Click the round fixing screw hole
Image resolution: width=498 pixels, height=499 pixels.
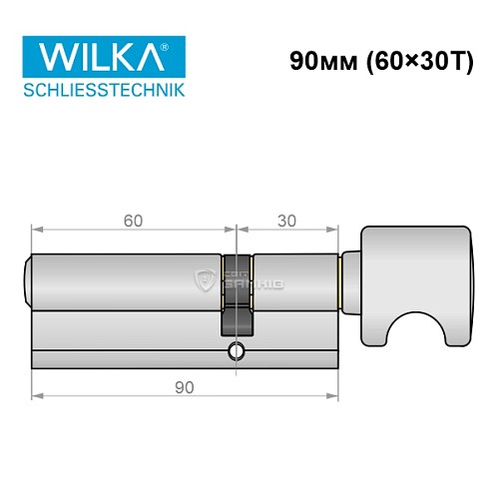[x=236, y=350]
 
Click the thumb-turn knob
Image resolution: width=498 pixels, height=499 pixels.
[x=411, y=269]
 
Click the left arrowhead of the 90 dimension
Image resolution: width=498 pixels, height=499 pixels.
[x=37, y=394]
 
